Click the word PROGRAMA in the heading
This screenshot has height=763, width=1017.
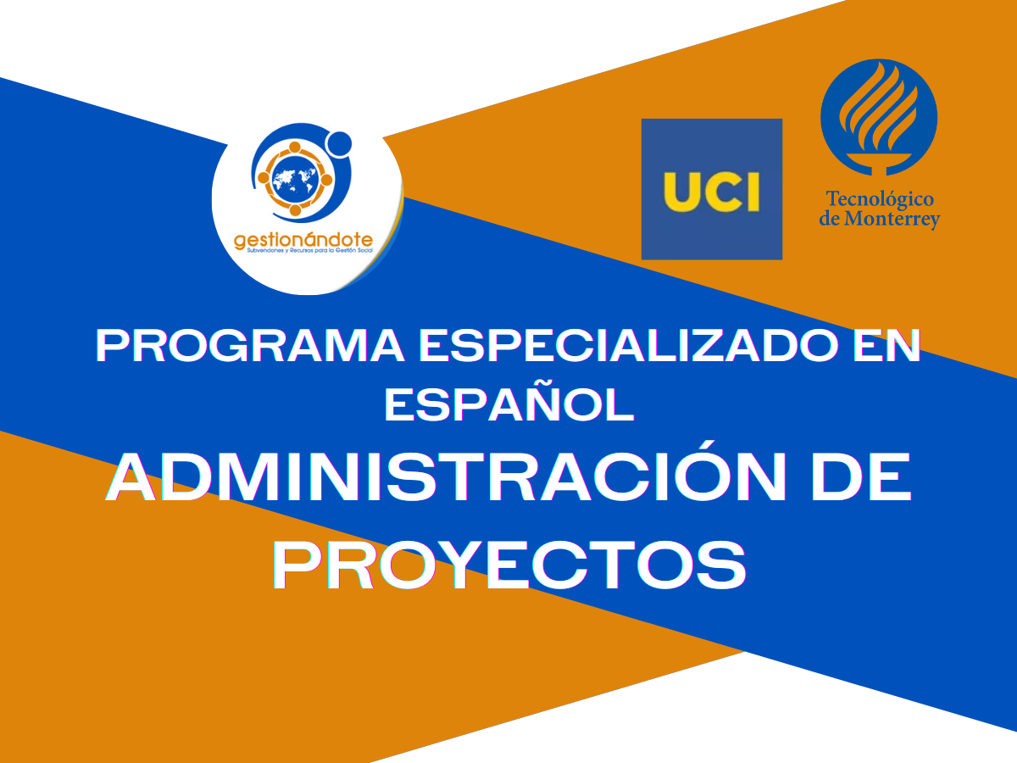250,346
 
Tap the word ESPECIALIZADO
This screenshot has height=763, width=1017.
628,346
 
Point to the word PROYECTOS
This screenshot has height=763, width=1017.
509,565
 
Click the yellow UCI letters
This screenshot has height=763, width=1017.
711,192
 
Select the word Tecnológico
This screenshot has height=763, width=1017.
880,200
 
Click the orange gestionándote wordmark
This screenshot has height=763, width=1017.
303,240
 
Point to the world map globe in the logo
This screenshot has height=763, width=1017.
295,178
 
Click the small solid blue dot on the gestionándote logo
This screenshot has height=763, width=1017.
339,143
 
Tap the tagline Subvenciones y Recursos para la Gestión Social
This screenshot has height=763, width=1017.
310,251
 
